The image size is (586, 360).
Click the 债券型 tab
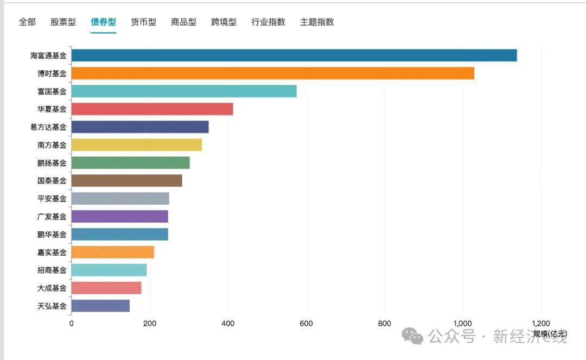pos(103,22)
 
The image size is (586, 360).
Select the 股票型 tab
pos(63,22)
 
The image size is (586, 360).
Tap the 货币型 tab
pos(143,22)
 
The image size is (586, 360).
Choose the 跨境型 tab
pos(224,22)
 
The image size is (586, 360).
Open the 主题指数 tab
pos(317,22)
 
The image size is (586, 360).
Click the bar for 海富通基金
pos(294,55)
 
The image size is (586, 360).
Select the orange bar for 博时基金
pos(272,73)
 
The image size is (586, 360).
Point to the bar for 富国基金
pos(184,91)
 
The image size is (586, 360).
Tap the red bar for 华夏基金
pos(152,109)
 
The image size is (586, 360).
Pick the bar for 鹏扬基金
pos(130,163)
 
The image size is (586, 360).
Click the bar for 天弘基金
pos(100,306)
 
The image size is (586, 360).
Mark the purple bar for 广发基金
pos(119,217)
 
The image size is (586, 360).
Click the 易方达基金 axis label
pos(48,127)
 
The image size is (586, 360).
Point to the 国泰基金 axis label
pos(52,181)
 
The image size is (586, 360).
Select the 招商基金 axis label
pos(52,270)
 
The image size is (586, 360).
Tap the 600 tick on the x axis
pos(307,324)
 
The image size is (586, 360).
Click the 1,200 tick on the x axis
pos(541,324)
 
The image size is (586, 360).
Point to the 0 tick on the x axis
pos(72,324)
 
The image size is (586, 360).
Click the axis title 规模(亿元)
pos(549,333)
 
